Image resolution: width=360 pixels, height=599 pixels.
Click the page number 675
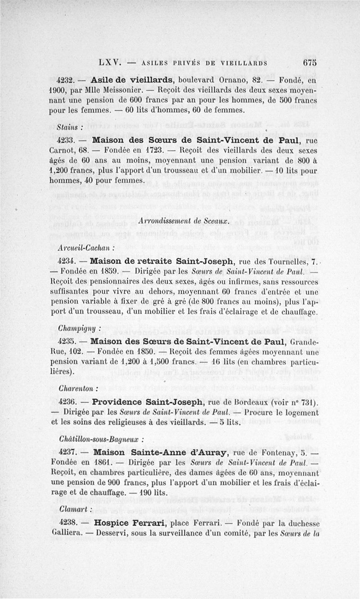coord(310,63)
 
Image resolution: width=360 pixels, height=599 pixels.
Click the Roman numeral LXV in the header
coord(109,63)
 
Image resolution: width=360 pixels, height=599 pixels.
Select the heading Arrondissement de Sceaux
coord(185,221)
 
